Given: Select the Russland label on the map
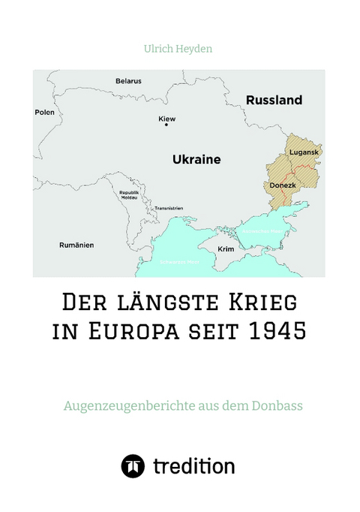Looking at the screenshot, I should tap(274, 100).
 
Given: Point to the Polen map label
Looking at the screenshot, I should tap(45, 112).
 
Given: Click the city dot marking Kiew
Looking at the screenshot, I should tap(166, 125).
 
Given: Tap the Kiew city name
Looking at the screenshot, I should tap(166, 119).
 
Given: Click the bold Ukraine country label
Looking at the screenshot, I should tap(196, 160).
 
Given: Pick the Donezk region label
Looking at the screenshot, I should tap(282, 185).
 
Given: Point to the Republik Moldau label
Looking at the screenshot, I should tap(129, 194).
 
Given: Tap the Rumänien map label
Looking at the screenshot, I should tap(77, 245).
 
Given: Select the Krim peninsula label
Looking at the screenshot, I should tap(225, 248).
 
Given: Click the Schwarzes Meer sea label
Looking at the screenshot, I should tap(178, 263).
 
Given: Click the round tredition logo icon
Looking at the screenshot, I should tap(133, 466).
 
